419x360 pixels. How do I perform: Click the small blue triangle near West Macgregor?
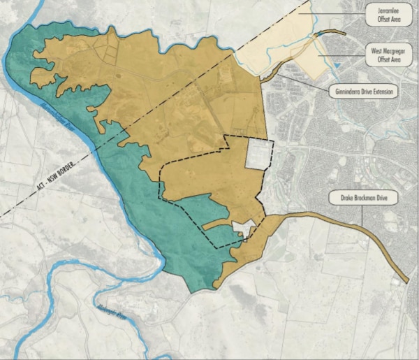337,66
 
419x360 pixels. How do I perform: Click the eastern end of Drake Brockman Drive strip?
405,280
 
